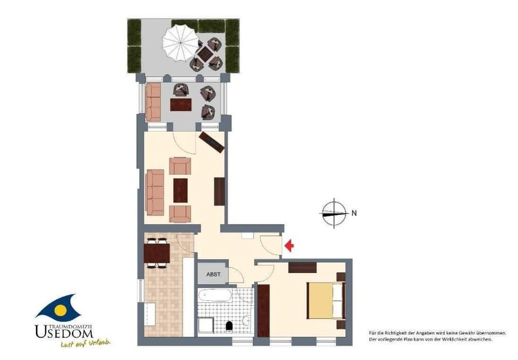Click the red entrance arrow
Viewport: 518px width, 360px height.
click(289, 245)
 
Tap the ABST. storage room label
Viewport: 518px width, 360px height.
click(214, 274)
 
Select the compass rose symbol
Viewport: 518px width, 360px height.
click(334, 213)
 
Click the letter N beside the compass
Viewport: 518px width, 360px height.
click(354, 213)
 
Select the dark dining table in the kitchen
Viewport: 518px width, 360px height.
click(157, 253)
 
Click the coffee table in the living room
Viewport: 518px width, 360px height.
click(180, 191)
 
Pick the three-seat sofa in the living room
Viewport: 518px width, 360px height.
click(155, 192)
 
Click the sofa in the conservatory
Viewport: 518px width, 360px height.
click(153, 102)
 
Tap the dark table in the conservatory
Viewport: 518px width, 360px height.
click(181, 105)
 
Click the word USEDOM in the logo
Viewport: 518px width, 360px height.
click(64, 332)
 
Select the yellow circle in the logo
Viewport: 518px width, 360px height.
click(60, 310)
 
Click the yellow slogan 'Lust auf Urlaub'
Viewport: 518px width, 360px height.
click(85, 343)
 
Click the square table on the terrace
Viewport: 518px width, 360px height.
click(204, 53)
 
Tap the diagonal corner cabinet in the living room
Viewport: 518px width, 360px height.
click(212, 142)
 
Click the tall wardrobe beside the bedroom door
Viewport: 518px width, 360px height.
click(264, 311)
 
